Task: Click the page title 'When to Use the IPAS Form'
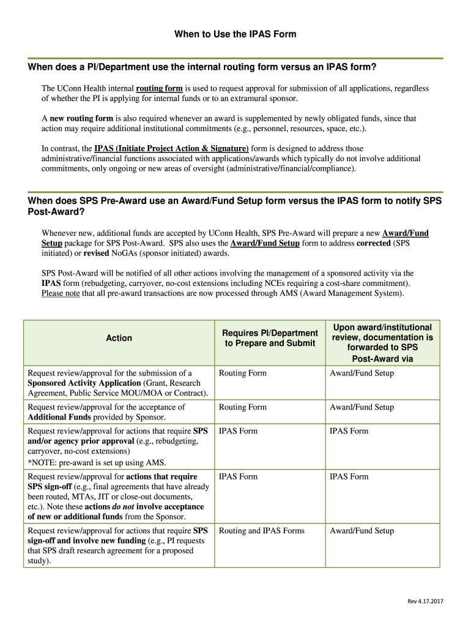click(x=235, y=34)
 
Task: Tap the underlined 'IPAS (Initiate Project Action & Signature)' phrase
click(x=171, y=148)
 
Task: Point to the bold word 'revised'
click(x=96, y=253)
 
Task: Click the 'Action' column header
click(x=119, y=338)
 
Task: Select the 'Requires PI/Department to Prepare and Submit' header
click(x=270, y=338)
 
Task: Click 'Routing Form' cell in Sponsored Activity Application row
click(x=243, y=373)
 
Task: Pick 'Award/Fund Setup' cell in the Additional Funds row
click(x=362, y=407)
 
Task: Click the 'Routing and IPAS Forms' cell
click(x=261, y=531)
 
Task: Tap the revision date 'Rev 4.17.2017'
click(x=426, y=601)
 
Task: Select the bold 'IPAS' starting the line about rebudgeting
click(x=50, y=283)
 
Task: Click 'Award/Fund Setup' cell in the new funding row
click(x=362, y=531)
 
